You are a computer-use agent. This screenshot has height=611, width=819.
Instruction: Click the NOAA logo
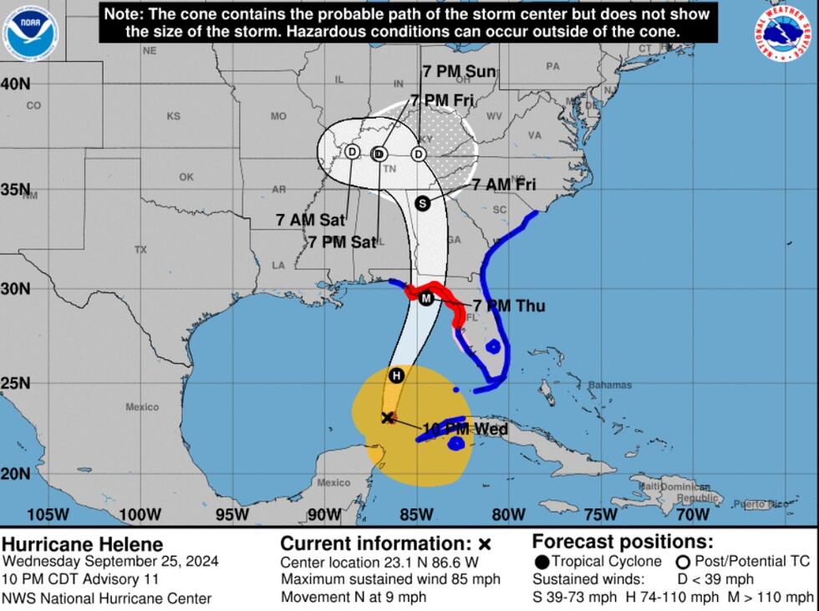point(31,31)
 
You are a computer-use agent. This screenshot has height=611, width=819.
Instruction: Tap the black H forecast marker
point(397,375)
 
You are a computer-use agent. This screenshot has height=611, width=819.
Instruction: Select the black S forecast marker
point(422,203)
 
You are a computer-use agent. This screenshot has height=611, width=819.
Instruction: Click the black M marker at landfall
point(426,298)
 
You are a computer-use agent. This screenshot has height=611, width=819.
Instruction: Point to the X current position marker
point(388,417)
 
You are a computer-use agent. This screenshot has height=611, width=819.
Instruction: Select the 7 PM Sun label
point(459,72)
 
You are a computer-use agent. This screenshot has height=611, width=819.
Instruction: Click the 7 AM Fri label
point(504,185)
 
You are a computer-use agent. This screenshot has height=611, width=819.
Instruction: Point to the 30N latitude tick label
point(15,288)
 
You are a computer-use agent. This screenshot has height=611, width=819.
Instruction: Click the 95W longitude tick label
point(231,514)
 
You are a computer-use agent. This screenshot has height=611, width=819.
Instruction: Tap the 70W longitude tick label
point(692,514)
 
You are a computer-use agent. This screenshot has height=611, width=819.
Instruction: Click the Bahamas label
point(610,385)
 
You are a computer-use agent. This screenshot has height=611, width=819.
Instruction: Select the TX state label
point(140,249)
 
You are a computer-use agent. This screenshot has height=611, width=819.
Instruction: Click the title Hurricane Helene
point(83,545)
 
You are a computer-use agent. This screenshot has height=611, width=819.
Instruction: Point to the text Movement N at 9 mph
point(354,597)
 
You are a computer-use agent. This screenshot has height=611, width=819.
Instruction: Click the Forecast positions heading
point(623,541)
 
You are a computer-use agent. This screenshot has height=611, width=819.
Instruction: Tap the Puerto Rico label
point(760,504)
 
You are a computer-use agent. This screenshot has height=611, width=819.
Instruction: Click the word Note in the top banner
point(121,14)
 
